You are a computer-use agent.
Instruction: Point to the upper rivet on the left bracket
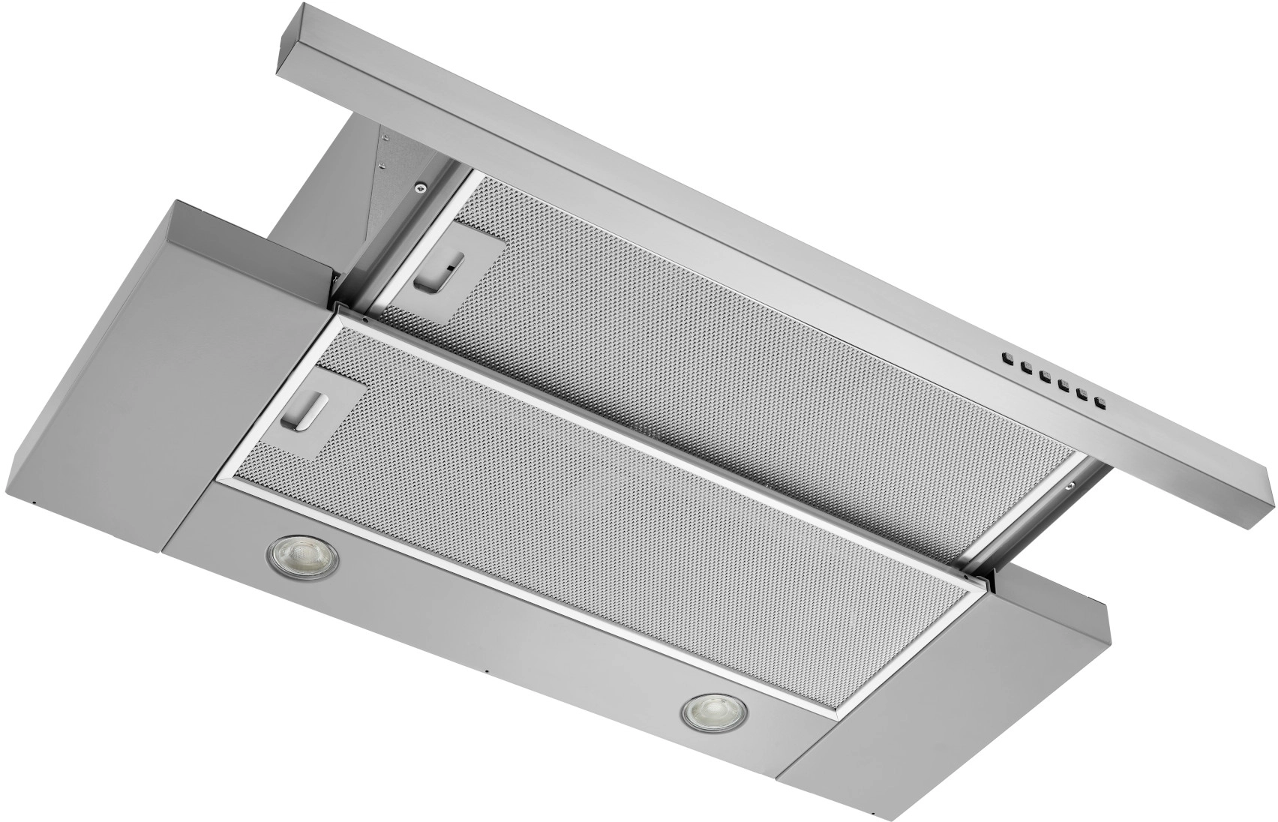(x=384, y=138)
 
